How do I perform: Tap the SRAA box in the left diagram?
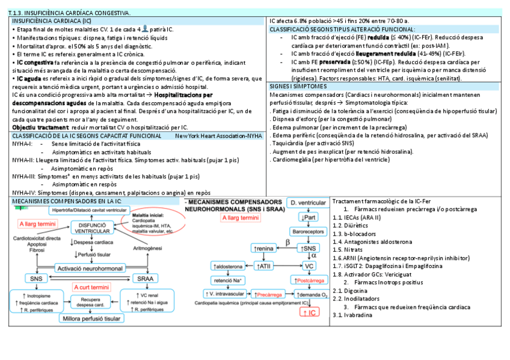pyautogui.click(x=145, y=278)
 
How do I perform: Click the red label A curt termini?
pyautogui.click(x=90, y=287)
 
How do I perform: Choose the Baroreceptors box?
pyautogui.click(x=309, y=231)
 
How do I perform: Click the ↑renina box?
pyautogui.click(x=264, y=248)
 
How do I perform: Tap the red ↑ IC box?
pyautogui.click(x=310, y=313)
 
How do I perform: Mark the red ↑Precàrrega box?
pyautogui.click(x=268, y=294)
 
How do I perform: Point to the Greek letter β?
pyautogui.click(x=287, y=242)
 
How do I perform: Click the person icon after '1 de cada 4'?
pyautogui.click(x=144, y=28)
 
